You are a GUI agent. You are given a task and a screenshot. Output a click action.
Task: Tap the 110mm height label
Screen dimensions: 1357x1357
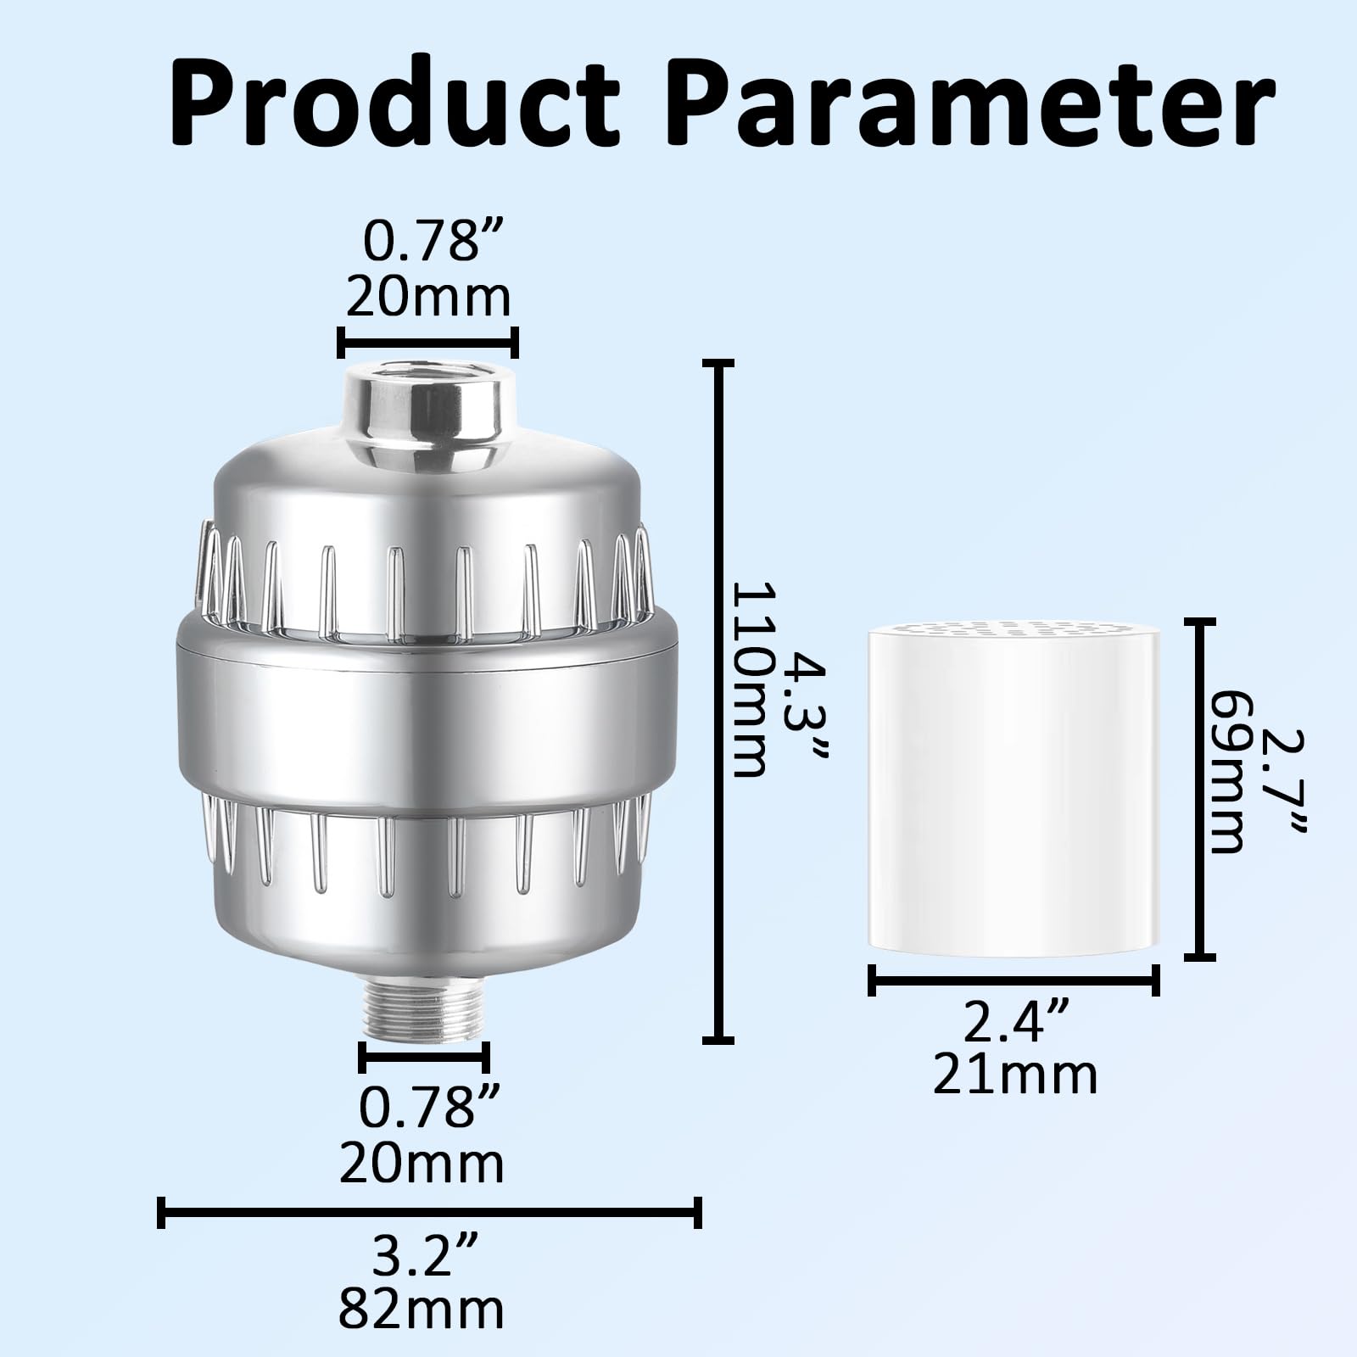coord(748,679)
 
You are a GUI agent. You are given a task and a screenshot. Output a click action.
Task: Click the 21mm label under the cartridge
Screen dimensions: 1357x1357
coord(1015,1075)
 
